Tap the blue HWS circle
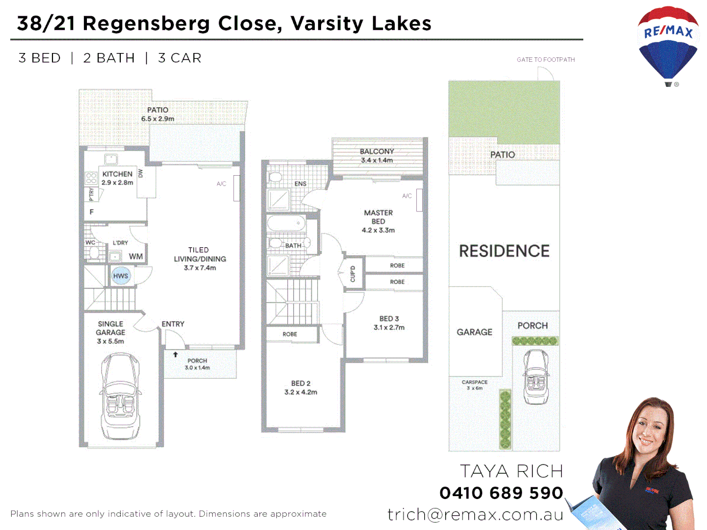[120, 276]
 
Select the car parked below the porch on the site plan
[536, 376]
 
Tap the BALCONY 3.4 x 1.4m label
[377, 156]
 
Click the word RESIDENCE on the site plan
[504, 251]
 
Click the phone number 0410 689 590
[501, 493]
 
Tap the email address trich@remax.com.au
[475, 514]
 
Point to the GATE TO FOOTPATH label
[545, 60]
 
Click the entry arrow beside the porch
[175, 354]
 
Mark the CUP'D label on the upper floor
[353, 274]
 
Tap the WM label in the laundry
[136, 257]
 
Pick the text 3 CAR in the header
[180, 58]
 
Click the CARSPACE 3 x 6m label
[474, 385]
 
